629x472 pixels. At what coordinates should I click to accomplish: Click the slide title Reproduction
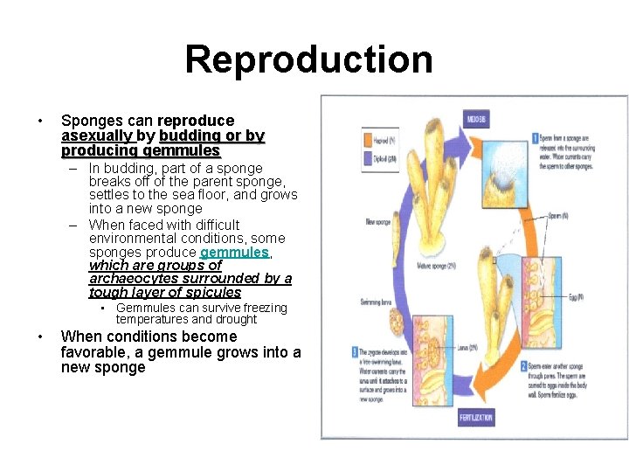click(x=308, y=59)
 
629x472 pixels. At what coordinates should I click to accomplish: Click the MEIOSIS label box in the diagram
click(x=476, y=119)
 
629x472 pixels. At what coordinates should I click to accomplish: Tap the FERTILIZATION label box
click(x=476, y=418)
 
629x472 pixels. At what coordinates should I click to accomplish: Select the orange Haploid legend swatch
click(x=368, y=139)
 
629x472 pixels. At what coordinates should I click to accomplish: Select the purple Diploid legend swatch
click(x=368, y=160)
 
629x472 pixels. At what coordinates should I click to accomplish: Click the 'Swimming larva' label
click(x=377, y=302)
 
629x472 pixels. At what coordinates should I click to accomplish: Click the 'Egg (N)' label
click(x=574, y=297)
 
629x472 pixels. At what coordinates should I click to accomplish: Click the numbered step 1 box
click(x=536, y=137)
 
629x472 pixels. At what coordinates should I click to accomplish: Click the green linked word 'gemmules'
click(x=234, y=252)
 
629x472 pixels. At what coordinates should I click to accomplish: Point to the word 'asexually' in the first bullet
click(x=96, y=135)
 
